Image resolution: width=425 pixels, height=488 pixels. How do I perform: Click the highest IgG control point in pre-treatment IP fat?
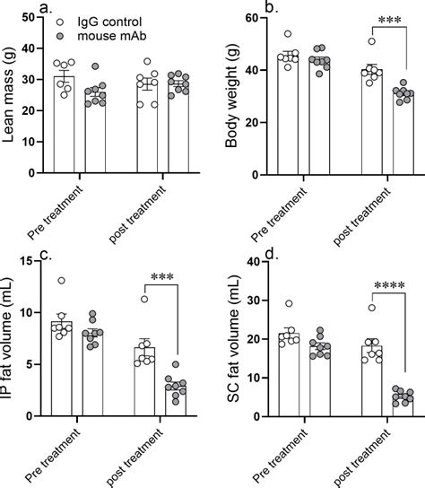point(60,281)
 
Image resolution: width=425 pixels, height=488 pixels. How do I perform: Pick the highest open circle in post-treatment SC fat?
point(346,308)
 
